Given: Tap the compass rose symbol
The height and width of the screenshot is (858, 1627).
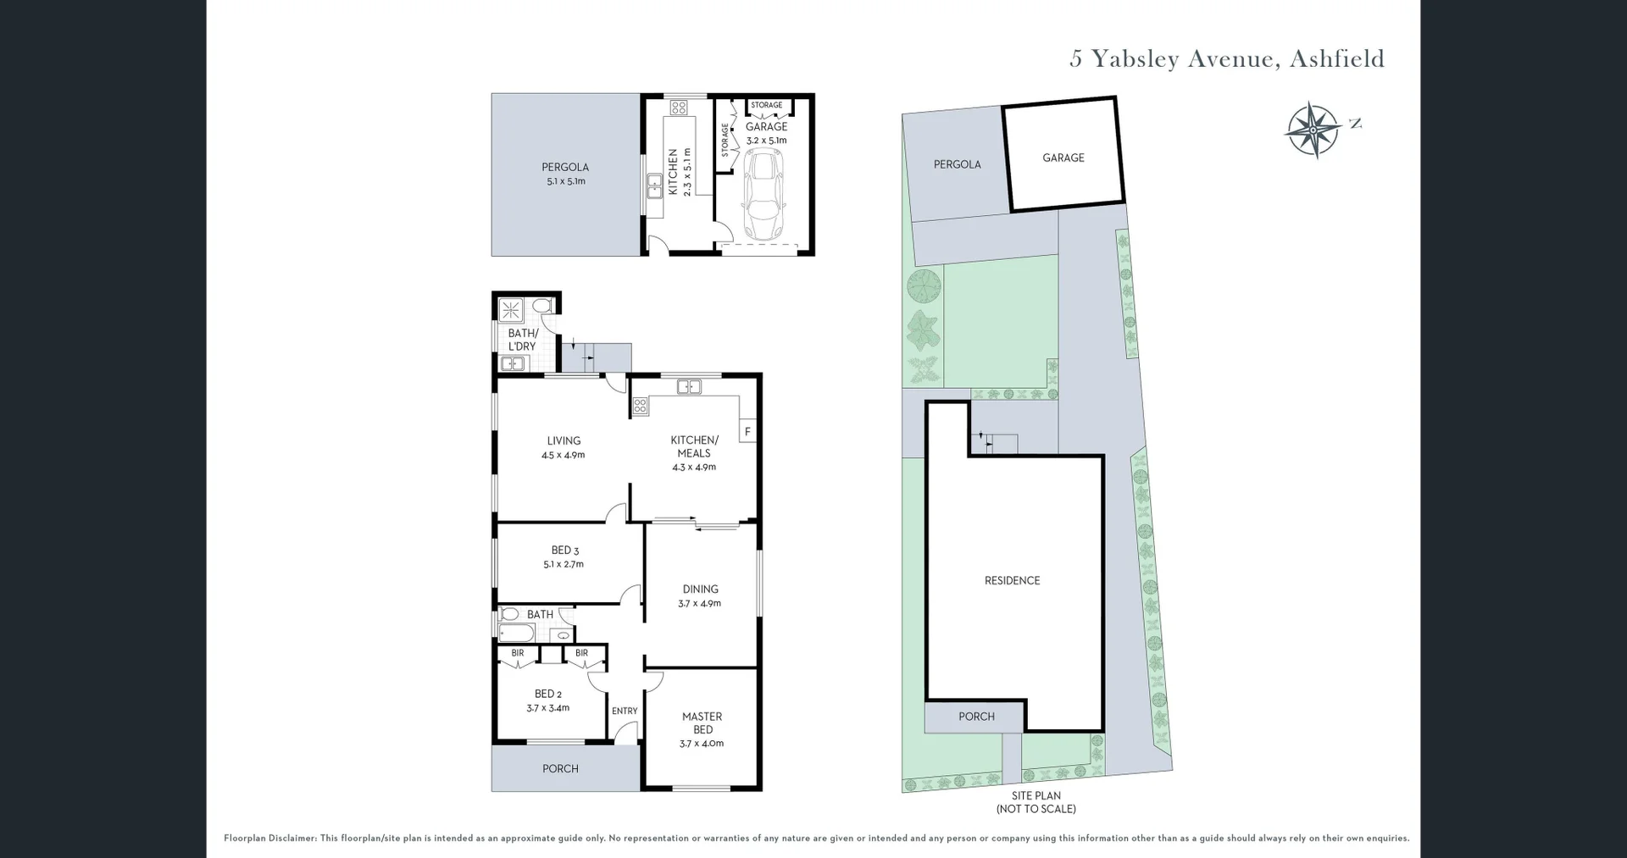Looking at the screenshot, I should tap(1312, 130).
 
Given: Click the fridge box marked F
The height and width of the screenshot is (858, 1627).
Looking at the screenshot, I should tap(747, 432).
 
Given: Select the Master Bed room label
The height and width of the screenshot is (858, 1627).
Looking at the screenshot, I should tap(702, 722).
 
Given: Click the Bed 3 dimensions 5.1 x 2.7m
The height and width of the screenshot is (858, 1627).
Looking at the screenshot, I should tap(564, 564).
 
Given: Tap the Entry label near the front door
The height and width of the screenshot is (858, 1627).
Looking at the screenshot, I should tap(625, 711).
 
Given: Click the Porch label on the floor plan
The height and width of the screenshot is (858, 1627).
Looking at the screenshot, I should tap(560, 769).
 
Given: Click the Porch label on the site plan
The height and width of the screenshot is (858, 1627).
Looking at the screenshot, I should tap(976, 717).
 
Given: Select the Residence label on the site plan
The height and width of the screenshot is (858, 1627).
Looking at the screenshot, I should tap(1012, 580).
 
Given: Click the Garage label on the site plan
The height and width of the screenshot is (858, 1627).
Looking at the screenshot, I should tap(1063, 158).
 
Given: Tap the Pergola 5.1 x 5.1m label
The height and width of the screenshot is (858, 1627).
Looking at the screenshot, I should tap(565, 174).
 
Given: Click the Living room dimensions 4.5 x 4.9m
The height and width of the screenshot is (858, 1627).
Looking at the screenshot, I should tap(564, 455).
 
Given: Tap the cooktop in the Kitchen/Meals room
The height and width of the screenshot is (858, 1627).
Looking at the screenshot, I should tap(640, 407).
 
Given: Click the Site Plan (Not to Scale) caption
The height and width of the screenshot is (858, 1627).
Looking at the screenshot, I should tap(1036, 802).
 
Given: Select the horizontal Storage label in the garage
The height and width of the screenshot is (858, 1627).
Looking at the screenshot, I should tap(766, 105).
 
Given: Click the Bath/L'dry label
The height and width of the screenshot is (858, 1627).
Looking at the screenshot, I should tap(522, 340).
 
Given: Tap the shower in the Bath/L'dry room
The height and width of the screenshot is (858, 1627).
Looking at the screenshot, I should tap(511, 310).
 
